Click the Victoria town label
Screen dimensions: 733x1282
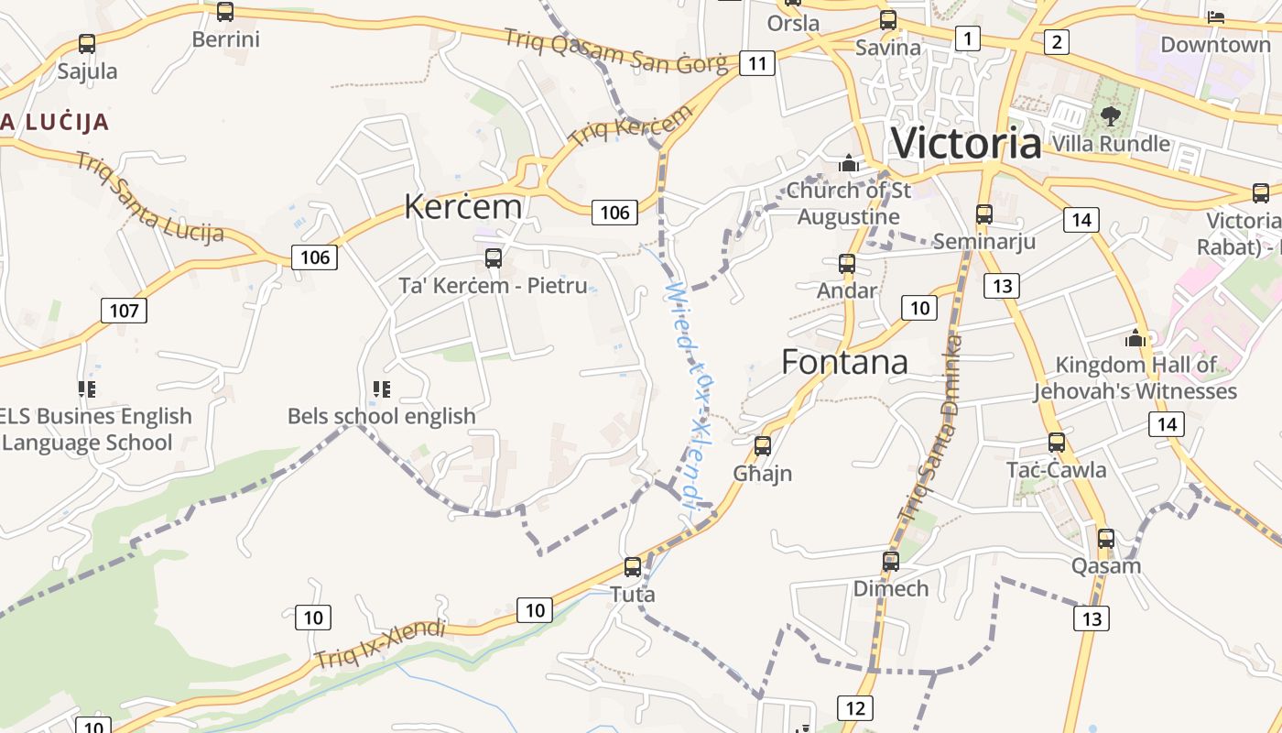tap(966, 144)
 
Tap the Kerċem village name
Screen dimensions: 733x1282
tap(462, 206)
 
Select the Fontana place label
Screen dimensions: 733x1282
tap(844, 362)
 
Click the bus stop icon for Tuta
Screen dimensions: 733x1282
tap(632, 567)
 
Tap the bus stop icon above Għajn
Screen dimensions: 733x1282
tap(762, 446)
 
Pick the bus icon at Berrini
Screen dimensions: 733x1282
tap(224, 12)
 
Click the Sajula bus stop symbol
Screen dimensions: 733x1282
tap(87, 44)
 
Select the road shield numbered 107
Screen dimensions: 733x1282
tap(124, 310)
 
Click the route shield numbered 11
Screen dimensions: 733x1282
tap(756, 63)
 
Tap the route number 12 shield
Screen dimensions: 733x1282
tap(854, 707)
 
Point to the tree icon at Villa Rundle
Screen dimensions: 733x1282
tap(1110, 116)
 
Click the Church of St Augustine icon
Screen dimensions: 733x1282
tap(848, 164)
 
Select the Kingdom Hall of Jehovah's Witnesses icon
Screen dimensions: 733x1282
tap(1135, 338)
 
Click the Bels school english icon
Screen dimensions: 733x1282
tap(382, 389)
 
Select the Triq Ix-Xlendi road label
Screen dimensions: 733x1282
tap(379, 644)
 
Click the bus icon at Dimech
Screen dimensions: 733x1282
tap(890, 562)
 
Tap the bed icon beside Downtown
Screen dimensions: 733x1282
tap(1216, 16)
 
